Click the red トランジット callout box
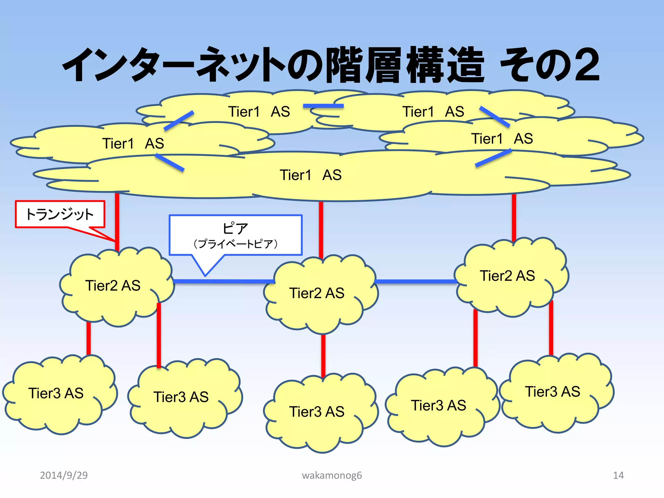tap(60, 214)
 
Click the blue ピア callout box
tap(235, 235)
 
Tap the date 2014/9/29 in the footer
tap(64, 475)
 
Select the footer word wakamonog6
tap(332, 475)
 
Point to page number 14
tap(618, 475)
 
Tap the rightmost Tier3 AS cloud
tap(552, 392)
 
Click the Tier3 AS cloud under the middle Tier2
tap(317, 412)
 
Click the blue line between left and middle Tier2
tap(224, 281)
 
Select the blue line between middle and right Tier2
tap(416, 281)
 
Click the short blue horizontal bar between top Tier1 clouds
tap(323, 106)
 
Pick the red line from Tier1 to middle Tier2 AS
tap(321, 230)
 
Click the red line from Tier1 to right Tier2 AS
tap(514, 217)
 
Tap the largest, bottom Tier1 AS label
tap(311, 175)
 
